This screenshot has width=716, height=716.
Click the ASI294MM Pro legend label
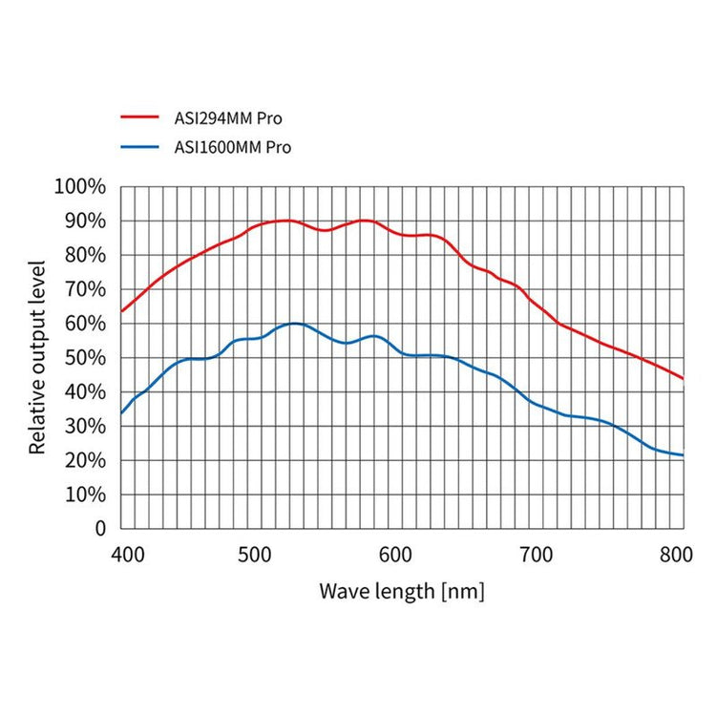[x=228, y=119]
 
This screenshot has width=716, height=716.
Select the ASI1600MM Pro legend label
[x=233, y=147]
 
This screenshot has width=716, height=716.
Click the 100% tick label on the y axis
[x=81, y=186]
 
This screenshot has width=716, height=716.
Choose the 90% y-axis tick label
[x=86, y=221]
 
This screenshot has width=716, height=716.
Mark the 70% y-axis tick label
[x=86, y=289]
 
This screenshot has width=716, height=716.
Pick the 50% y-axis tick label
[x=86, y=358]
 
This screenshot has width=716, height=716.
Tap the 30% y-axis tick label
[x=86, y=426]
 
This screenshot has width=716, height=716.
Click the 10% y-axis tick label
[x=86, y=495]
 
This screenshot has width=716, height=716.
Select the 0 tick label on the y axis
[x=100, y=528]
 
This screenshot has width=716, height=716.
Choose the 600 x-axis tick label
[x=395, y=553]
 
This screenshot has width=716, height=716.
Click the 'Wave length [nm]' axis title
[x=402, y=591]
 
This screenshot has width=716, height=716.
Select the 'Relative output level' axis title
[x=37, y=356]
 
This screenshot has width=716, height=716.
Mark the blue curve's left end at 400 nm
[x=121, y=413]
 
